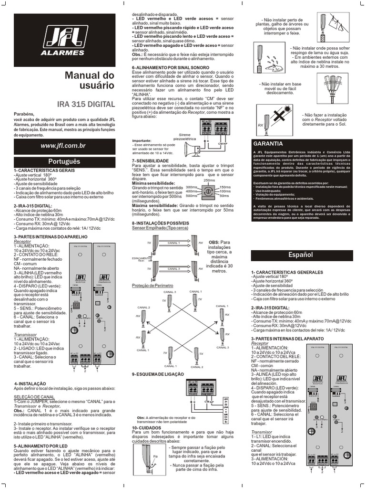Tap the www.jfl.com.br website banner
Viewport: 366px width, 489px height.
pos(63,145)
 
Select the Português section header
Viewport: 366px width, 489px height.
pos(64,161)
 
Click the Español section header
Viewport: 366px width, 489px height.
pos(301,255)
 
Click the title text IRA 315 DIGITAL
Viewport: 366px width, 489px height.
pos(86,104)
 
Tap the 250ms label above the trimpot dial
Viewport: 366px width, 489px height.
pos(209,180)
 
